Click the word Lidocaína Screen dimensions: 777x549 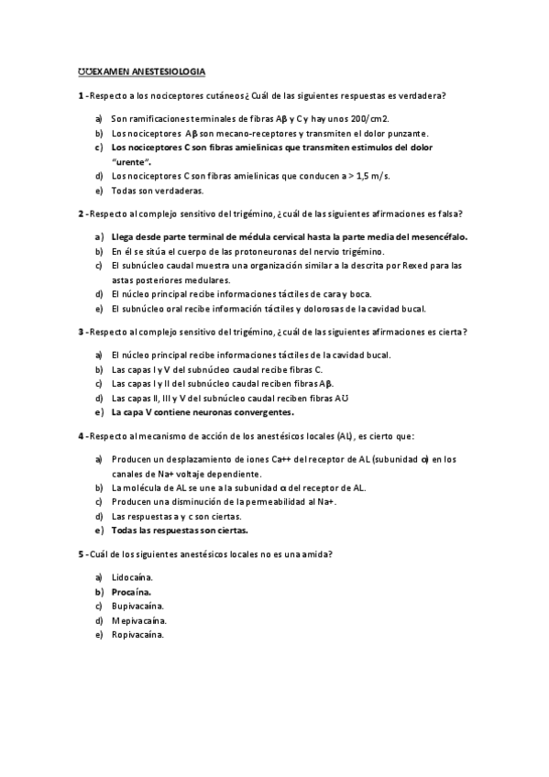[132, 577]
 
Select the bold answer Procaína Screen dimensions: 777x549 [132, 592]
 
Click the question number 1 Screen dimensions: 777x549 [80, 96]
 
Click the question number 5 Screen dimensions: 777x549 [80, 554]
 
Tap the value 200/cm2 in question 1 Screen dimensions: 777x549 [368, 118]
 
